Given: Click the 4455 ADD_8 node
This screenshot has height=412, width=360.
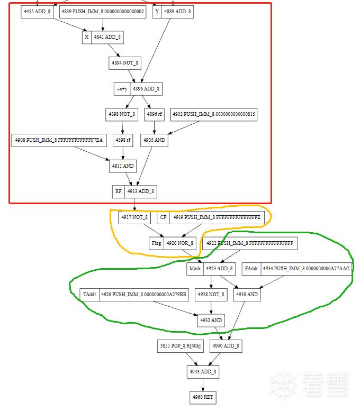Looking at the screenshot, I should (37, 12).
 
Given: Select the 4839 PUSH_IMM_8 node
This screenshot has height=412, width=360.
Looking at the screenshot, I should (103, 12).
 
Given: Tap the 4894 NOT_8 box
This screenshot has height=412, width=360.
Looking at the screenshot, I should (124, 62).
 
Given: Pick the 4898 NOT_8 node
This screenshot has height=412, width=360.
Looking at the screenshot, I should (121, 114).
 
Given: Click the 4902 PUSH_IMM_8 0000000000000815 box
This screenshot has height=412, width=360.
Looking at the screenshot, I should (214, 114).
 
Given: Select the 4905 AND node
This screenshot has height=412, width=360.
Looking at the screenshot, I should (154, 140).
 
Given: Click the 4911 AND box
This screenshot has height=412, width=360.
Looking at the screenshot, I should (123, 166).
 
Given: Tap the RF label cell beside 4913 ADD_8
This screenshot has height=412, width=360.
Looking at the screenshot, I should (118, 191).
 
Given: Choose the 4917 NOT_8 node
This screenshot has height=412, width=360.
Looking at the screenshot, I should (134, 217).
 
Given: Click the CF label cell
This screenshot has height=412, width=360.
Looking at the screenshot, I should (163, 217).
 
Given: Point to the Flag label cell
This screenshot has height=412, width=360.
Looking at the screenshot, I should (156, 243).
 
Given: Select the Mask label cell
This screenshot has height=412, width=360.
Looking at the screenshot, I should (195, 269).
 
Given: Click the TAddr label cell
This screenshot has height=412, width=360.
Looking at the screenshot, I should (89, 294).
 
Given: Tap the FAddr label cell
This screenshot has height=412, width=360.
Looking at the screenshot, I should (251, 269).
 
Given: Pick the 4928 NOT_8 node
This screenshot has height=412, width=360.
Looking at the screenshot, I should (211, 294).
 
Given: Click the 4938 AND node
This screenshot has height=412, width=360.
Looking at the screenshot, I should (247, 294).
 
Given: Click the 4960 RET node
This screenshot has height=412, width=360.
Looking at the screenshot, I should (203, 397).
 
